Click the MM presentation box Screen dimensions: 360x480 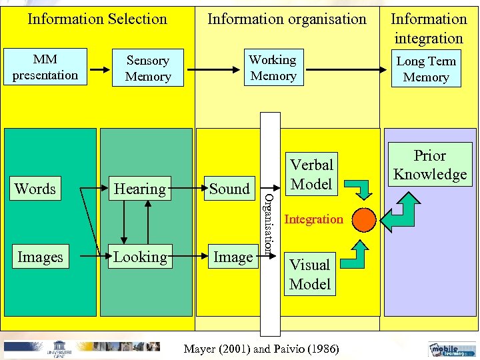click(x=45, y=67)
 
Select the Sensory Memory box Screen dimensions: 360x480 click(x=148, y=69)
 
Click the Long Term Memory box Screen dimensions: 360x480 click(x=426, y=69)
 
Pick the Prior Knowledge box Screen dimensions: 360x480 click(x=430, y=165)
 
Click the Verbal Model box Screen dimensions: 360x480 click(x=311, y=174)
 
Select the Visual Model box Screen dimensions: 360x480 click(x=310, y=274)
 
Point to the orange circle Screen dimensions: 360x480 click(x=364, y=219)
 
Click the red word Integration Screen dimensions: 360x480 click(x=313, y=219)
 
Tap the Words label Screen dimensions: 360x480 click(x=35, y=189)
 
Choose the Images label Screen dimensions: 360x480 click(x=40, y=257)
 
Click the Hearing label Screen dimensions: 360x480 click(x=139, y=189)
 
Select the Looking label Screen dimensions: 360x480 click(x=139, y=257)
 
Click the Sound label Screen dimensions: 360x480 click(x=229, y=189)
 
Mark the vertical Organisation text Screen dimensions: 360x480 click(x=269, y=223)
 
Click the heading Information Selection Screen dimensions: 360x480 click(x=97, y=19)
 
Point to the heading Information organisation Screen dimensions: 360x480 click(x=287, y=19)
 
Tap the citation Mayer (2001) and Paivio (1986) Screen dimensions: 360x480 click(x=261, y=349)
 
